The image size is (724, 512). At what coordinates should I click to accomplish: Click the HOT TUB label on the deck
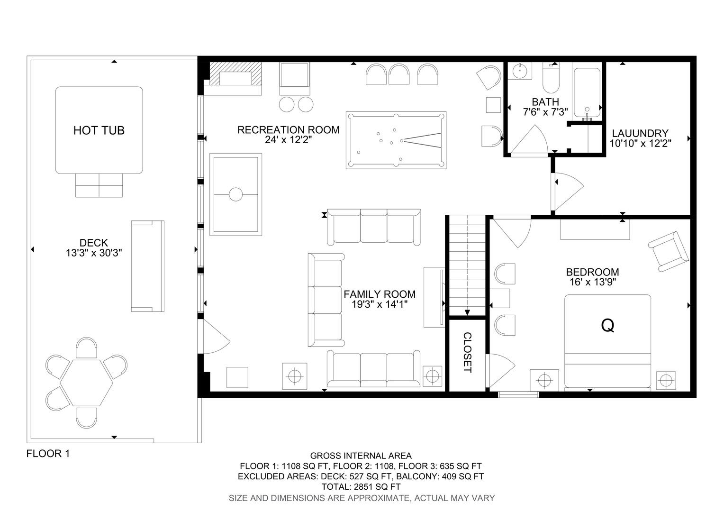coord(99,130)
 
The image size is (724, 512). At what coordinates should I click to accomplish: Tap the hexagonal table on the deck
coord(87,383)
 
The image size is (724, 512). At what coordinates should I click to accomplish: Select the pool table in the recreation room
coord(396,140)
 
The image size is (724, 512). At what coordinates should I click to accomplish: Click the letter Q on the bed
coord(607,325)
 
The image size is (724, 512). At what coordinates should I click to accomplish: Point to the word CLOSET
coord(467,353)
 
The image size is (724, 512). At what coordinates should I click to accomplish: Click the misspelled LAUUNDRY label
coord(640,133)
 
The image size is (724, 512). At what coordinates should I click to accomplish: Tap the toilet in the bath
coord(551,78)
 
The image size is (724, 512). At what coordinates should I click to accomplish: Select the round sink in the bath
coord(519,71)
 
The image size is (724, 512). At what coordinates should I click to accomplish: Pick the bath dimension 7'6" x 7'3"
coord(545,112)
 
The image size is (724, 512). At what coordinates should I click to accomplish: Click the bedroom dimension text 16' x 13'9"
coord(592,282)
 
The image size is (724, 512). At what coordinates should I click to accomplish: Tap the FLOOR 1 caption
coord(48,454)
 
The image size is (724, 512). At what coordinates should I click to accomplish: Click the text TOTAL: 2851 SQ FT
coord(361,487)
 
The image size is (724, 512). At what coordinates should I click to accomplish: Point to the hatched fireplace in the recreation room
coord(235,74)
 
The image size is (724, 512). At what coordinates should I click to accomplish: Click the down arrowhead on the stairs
coord(467,312)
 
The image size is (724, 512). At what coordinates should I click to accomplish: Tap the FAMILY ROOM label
coord(380,294)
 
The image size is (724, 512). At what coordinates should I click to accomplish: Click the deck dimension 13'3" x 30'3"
coord(94,253)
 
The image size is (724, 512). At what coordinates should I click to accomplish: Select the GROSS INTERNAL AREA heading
coord(361,456)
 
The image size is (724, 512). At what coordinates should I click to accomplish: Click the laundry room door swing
coord(569,192)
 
